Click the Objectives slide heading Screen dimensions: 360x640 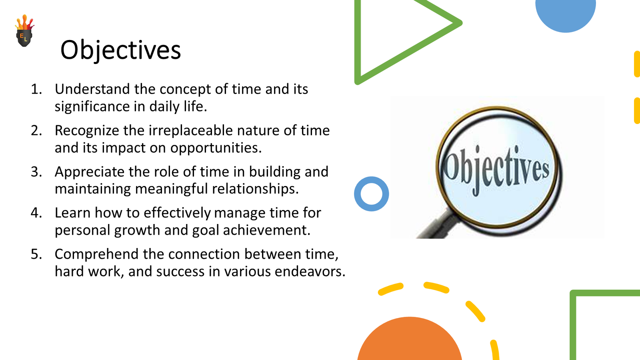point(120,50)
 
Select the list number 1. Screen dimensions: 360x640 point(36,89)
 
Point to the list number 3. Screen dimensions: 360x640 point(36,172)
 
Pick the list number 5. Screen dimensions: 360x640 point(36,254)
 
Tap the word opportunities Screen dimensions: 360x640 point(216,148)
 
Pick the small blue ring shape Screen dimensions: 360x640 point(371,194)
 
